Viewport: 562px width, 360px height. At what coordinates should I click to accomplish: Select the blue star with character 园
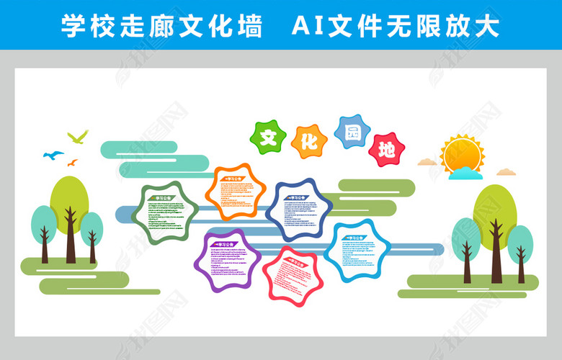click(x=352, y=132)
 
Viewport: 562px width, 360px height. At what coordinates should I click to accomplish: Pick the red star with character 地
click(x=386, y=150)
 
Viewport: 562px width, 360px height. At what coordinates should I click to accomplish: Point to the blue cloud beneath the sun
click(x=465, y=173)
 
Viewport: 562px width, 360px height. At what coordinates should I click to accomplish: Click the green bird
click(x=78, y=136)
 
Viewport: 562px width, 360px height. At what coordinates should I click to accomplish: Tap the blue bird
click(x=53, y=154)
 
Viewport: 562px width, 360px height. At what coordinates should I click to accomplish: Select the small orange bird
click(x=72, y=163)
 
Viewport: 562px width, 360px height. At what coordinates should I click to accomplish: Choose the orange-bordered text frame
click(x=235, y=192)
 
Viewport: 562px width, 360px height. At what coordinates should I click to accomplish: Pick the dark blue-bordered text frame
click(x=299, y=210)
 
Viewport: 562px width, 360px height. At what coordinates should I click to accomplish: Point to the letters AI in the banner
click(x=308, y=26)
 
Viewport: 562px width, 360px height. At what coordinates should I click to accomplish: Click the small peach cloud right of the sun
click(x=507, y=172)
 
